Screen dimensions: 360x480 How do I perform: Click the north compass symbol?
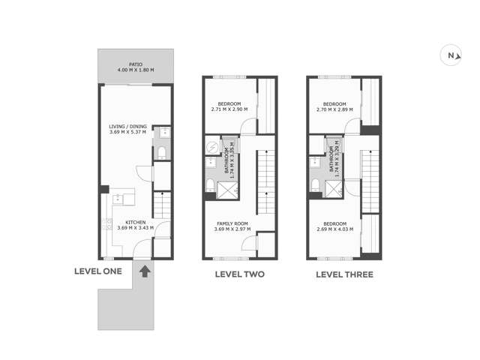451,55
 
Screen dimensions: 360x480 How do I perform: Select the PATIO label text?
135,64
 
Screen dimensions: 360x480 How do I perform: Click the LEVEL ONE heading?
97,271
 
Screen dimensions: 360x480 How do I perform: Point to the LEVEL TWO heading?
239,274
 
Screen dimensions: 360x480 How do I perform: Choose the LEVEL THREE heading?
344,274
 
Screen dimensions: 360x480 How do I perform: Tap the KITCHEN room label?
135,222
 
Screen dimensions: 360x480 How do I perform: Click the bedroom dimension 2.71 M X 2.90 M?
229,109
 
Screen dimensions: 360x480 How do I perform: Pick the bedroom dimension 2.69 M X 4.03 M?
334,229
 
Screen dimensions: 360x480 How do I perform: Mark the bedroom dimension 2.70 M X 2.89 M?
334,109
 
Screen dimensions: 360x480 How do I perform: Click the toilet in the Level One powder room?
162,154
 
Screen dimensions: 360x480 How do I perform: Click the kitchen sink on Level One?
118,199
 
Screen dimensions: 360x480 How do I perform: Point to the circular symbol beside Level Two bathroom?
211,147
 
